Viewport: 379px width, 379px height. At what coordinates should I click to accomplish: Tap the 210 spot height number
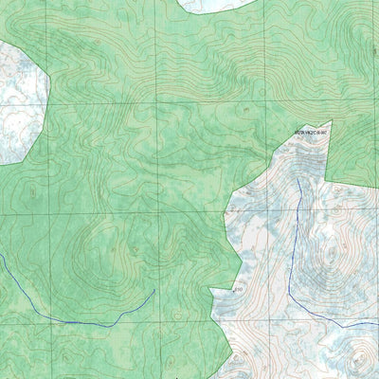coord(238,287)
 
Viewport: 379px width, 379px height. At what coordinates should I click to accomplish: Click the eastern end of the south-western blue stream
coord(154,291)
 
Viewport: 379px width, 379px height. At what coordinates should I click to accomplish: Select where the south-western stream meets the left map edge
coord(1,257)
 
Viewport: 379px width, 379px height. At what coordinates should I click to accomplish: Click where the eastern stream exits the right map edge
coord(377,324)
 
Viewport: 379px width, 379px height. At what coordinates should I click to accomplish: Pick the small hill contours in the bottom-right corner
coord(358,358)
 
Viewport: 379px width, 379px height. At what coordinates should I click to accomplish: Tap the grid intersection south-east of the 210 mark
coord(266,322)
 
